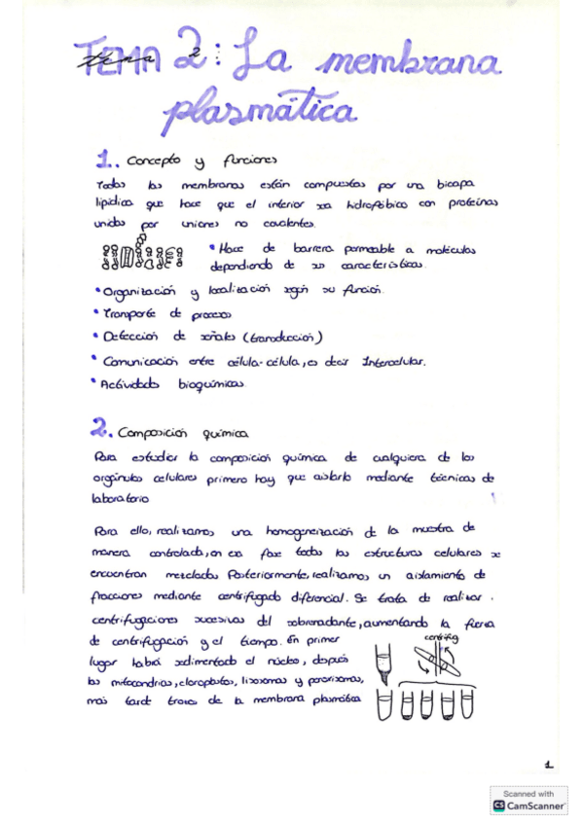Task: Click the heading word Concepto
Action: click(x=156, y=161)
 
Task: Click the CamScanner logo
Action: click(x=529, y=801)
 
